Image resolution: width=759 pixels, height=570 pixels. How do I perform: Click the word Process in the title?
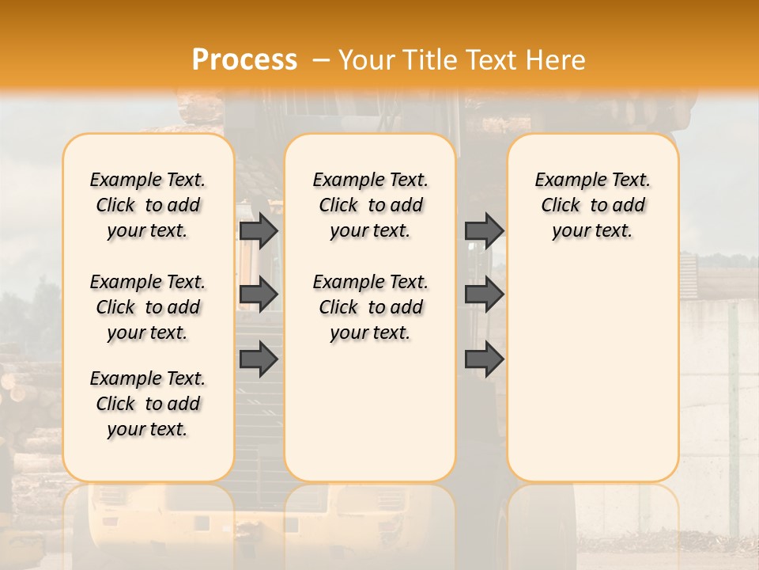pyautogui.click(x=244, y=59)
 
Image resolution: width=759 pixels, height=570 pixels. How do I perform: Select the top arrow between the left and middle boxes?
pyautogui.click(x=259, y=230)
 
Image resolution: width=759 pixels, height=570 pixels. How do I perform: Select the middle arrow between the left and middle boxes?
pyautogui.click(x=259, y=294)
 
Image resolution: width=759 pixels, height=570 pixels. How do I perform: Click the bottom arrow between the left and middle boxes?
pyautogui.click(x=259, y=359)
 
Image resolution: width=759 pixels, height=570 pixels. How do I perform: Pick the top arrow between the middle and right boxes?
pyautogui.click(x=484, y=230)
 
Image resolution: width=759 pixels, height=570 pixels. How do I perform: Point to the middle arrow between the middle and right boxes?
pyautogui.click(x=484, y=294)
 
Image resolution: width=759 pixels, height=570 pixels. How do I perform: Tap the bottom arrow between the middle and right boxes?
pyautogui.click(x=484, y=359)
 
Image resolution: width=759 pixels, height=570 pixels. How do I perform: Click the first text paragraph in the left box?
pyautogui.click(x=148, y=205)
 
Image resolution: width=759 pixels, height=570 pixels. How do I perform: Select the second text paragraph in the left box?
pyautogui.click(x=148, y=307)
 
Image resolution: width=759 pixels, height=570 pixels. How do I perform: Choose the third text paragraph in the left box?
pyautogui.click(x=148, y=404)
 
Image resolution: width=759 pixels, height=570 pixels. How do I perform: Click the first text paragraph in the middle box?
pyautogui.click(x=370, y=205)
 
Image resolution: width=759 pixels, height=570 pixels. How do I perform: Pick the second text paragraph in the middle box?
pyautogui.click(x=370, y=307)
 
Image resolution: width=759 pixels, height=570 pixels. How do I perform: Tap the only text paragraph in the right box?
pyautogui.click(x=592, y=205)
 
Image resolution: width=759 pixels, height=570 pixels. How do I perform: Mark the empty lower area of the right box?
pyautogui.click(x=592, y=372)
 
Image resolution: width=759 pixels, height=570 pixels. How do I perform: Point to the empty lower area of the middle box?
pyautogui.click(x=370, y=412)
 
